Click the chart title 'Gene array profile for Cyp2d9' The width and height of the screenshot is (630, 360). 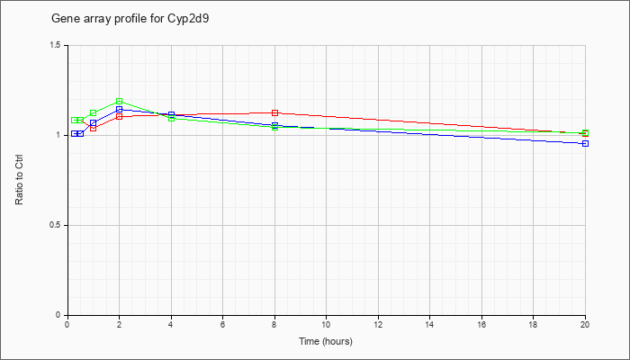click(130, 19)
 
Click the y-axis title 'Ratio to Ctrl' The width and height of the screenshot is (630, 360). click(19, 180)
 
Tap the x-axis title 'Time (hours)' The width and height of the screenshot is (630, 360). click(326, 341)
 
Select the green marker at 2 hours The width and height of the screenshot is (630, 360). click(120, 101)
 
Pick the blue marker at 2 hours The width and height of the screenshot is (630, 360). click(120, 109)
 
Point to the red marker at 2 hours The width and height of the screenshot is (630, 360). click(120, 116)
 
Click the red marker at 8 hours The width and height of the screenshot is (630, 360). click(274, 112)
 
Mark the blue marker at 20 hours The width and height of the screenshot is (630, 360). click(585, 143)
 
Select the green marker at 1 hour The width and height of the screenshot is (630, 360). click(94, 112)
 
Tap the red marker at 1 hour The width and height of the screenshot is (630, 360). click(94, 128)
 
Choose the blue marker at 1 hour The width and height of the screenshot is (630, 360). click(94, 123)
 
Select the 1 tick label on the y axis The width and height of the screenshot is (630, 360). click(59, 135)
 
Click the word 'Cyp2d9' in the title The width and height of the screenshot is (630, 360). click(190, 19)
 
